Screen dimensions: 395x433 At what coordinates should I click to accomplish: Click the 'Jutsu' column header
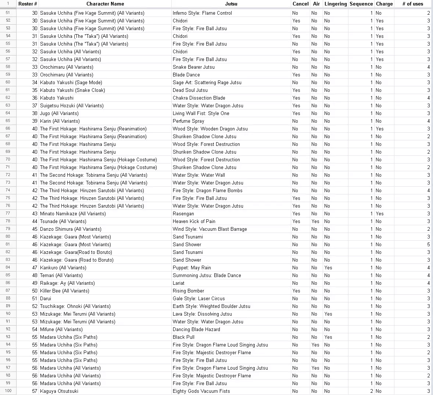[x=231, y=4]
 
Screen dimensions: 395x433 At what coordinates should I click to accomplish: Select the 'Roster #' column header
[x=28, y=4]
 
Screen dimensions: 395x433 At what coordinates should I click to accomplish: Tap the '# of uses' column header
[x=412, y=4]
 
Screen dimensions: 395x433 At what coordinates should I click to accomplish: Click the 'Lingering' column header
[x=335, y=4]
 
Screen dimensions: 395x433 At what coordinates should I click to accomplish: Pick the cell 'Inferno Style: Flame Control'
[x=202, y=13]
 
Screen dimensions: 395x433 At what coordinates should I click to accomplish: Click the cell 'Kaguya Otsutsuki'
[x=59, y=391]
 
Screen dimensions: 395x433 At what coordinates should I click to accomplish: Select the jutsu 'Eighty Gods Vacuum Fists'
[x=201, y=391]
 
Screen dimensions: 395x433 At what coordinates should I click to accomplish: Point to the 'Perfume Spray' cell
[x=188, y=121]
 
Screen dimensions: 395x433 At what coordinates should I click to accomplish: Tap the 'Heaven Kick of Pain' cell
[x=194, y=221]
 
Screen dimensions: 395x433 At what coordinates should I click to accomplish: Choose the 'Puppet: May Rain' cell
[x=192, y=267]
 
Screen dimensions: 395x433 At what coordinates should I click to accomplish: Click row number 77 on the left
[x=8, y=213]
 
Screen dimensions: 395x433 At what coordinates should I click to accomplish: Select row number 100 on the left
[x=8, y=391]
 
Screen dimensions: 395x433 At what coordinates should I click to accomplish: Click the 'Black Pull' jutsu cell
[x=183, y=337]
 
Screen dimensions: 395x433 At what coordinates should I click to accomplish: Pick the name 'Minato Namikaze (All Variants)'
[x=73, y=213]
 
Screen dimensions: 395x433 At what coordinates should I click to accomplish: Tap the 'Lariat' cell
[x=179, y=283]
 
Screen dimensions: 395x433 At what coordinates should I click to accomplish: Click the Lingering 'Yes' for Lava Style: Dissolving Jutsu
[x=328, y=314]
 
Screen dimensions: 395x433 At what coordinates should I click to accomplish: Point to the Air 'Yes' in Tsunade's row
[x=315, y=221]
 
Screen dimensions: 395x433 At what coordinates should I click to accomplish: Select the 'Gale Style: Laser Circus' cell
[x=198, y=298]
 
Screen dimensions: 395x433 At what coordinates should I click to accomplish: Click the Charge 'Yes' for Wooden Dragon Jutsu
[x=379, y=129]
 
